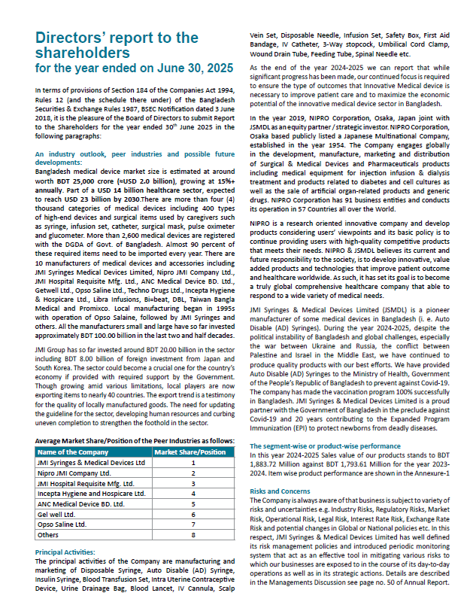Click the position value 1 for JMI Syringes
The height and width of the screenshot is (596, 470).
coord(193,462)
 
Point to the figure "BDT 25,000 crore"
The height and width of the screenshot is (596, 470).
coord(79,180)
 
